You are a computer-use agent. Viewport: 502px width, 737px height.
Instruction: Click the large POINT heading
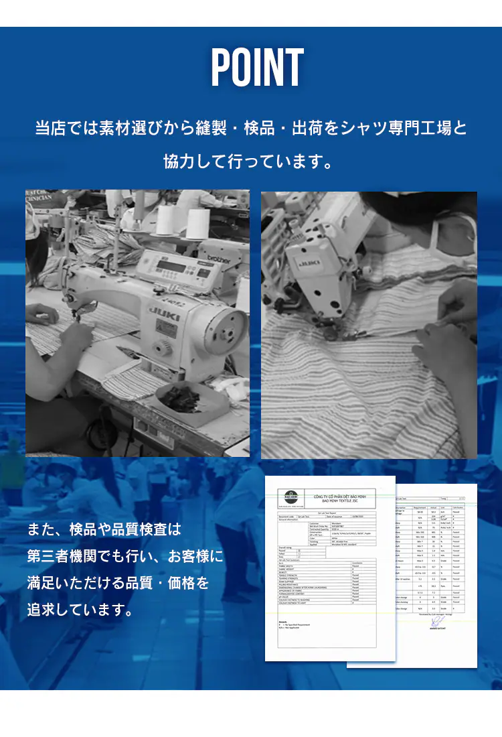pos(258,68)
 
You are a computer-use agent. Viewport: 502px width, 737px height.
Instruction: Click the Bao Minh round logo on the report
pos(290,497)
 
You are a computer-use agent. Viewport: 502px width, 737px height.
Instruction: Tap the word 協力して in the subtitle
pos(194,161)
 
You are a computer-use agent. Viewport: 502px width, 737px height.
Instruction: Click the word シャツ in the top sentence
pos(362,127)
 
